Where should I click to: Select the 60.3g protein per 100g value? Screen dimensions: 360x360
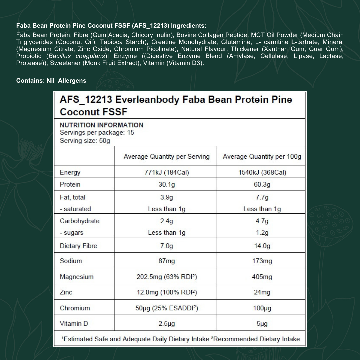pos(262,184)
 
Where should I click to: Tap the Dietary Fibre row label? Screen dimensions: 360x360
pos(78,246)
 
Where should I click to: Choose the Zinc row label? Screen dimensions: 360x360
pos(66,292)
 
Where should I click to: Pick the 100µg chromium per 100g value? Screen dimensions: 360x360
pos(262,308)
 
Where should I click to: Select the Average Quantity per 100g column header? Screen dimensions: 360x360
pos(262,157)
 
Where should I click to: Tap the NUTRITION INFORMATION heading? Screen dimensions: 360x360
pos(101,125)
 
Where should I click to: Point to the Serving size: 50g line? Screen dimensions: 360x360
pos(85,141)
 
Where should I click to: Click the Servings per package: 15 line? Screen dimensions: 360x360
pos(97,133)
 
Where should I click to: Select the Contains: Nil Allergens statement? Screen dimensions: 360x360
pos(51,81)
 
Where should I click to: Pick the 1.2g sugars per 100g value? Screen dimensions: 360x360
pos(262,233)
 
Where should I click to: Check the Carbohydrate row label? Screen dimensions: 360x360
pos(79,221)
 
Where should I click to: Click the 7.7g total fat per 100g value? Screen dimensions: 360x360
pos(262,197)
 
